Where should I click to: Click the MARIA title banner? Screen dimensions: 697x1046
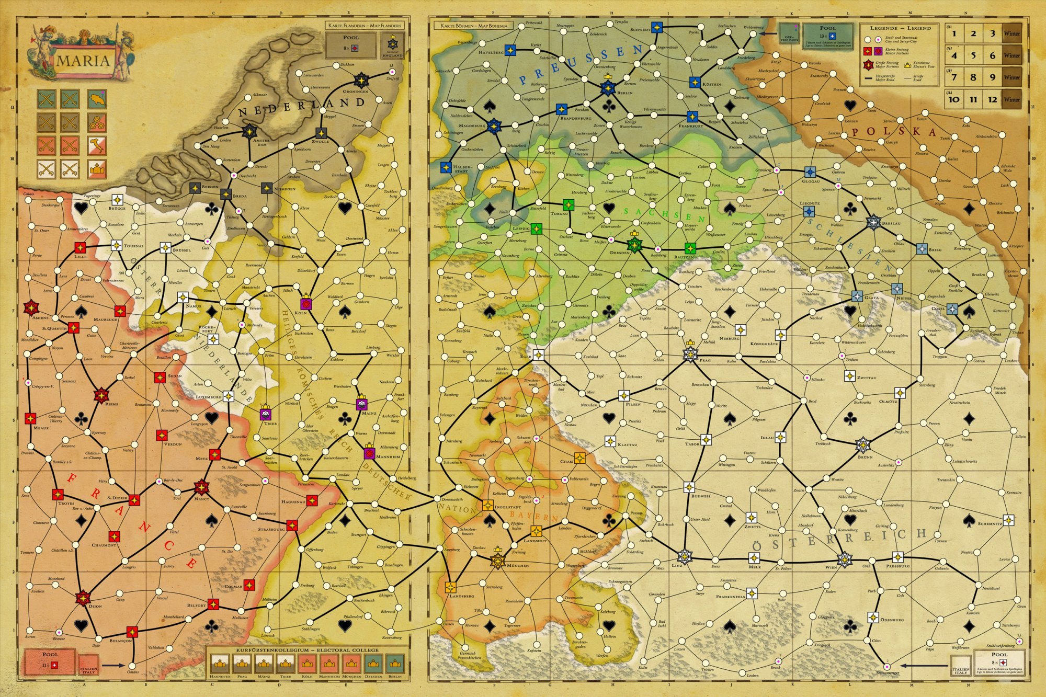click(84, 61)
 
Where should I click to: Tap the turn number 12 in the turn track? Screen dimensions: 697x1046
click(992, 99)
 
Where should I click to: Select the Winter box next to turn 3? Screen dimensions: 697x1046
click(1011, 33)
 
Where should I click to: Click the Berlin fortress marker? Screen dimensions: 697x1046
click(608, 88)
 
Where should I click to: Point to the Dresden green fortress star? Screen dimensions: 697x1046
click(634, 244)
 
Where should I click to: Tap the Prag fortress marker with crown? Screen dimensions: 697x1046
click(691, 355)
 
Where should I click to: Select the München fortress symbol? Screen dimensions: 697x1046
click(498, 562)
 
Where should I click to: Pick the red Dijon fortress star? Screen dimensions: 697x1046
click(83, 598)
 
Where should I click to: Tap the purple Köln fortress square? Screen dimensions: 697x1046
click(305, 304)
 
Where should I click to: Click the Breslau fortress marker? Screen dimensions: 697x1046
click(873, 222)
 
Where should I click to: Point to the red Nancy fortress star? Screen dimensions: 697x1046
click(201, 488)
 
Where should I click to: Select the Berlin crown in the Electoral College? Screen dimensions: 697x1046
click(395, 664)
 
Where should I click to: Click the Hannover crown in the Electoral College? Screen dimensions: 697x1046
click(220, 664)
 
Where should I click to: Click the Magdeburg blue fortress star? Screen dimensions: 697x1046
click(493, 125)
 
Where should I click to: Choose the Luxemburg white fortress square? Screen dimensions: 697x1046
click(228, 396)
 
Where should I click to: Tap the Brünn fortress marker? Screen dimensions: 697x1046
click(862, 445)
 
